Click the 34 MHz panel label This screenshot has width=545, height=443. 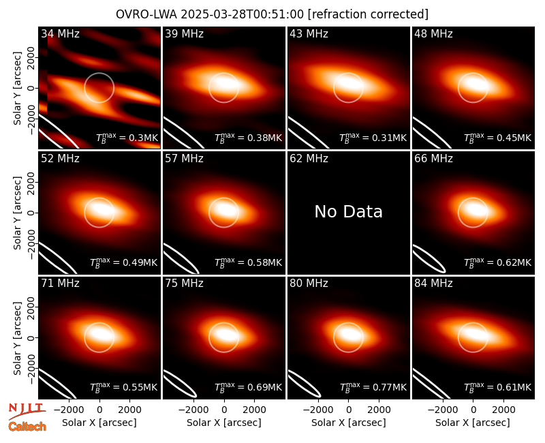(x=60, y=33)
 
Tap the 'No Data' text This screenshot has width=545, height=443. (x=348, y=211)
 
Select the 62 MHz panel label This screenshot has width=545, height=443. (x=309, y=159)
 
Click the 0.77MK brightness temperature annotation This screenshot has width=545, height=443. (x=373, y=387)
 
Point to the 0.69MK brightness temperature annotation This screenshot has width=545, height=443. (x=248, y=387)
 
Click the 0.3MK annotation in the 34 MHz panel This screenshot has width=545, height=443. (x=127, y=138)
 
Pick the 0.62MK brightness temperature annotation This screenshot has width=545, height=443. (x=498, y=262)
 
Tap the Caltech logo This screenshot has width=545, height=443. (x=27, y=427)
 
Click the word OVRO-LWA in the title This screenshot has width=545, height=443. (x=146, y=14)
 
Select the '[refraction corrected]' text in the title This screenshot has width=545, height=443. (x=368, y=14)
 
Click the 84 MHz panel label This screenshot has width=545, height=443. (x=433, y=284)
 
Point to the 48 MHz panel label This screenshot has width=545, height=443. (x=433, y=33)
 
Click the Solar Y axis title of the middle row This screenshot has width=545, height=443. (x=17, y=213)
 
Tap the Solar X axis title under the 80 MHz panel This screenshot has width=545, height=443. (x=348, y=423)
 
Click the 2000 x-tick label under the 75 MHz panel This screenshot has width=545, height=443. (x=254, y=410)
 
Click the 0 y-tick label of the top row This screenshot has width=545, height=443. (x=31, y=88)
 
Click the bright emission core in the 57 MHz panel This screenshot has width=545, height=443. (x=225, y=209)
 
